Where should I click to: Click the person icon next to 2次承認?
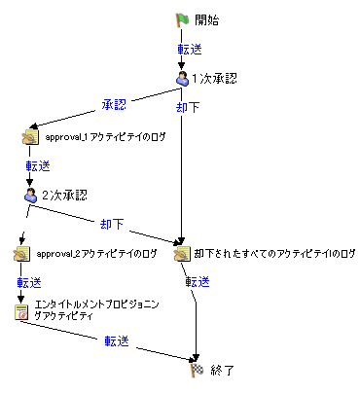[29, 195]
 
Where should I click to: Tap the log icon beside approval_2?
[20, 254]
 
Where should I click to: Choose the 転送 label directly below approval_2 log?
[29, 282]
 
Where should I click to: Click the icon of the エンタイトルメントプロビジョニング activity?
[20, 311]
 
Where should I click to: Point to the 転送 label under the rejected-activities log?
[198, 282]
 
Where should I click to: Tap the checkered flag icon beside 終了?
[196, 370]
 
